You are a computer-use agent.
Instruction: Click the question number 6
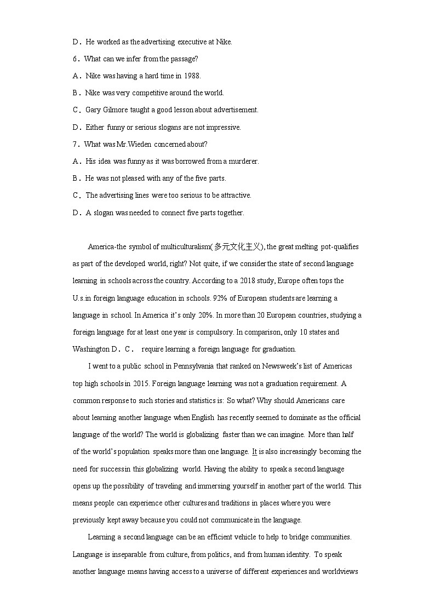(75, 59)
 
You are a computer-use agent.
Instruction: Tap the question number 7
(75, 144)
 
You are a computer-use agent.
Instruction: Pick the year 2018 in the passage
(245, 281)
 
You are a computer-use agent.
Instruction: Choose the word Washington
(91, 349)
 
